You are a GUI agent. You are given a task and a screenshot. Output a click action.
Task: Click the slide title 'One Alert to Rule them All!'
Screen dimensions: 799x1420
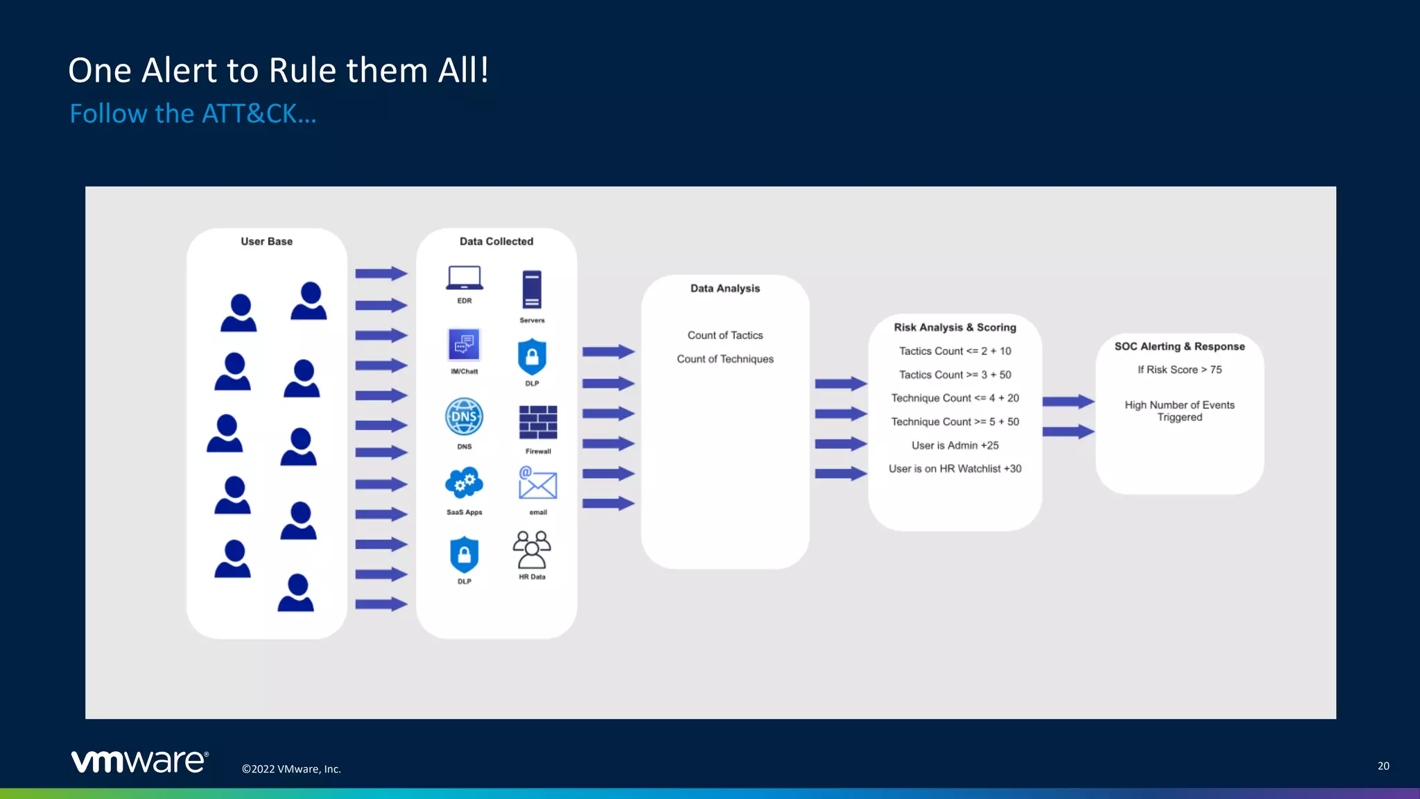pos(278,71)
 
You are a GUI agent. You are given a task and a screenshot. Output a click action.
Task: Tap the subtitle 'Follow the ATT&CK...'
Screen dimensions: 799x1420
pos(193,114)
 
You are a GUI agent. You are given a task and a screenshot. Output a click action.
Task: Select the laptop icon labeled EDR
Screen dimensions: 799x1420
pos(464,278)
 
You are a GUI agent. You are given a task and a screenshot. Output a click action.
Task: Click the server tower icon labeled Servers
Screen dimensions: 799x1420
pos(532,289)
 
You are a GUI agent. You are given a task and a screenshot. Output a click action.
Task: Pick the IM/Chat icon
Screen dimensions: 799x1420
pos(464,345)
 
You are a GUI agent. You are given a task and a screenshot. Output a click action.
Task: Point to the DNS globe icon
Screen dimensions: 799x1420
pos(464,417)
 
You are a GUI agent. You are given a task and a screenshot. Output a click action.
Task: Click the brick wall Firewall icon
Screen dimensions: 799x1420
pos(538,422)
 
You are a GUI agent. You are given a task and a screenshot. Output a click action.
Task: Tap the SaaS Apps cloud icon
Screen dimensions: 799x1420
pos(464,483)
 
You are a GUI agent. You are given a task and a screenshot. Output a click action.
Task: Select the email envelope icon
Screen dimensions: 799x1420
pos(537,483)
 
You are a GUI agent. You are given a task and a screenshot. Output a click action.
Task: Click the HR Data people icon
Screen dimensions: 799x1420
pos(532,550)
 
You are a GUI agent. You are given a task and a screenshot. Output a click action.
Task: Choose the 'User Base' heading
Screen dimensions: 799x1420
pos(267,241)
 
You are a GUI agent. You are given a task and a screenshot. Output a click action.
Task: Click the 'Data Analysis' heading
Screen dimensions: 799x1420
pos(725,289)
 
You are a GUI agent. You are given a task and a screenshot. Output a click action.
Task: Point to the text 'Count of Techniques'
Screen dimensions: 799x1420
pos(725,359)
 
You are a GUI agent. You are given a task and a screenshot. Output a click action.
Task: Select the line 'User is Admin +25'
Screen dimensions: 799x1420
pos(955,445)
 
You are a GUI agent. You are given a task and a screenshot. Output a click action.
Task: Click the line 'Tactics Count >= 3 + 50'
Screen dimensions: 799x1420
pos(955,375)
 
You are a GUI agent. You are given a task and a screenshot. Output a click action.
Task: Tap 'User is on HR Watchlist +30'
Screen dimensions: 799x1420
pos(955,469)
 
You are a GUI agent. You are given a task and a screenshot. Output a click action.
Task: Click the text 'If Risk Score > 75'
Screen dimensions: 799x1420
pos(1179,370)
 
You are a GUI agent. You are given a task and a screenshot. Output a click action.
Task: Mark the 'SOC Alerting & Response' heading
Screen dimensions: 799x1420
pos(1179,346)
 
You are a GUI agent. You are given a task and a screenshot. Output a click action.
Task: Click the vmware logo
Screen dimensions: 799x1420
pos(139,761)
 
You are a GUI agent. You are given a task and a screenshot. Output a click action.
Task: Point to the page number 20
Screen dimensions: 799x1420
pos(1383,766)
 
